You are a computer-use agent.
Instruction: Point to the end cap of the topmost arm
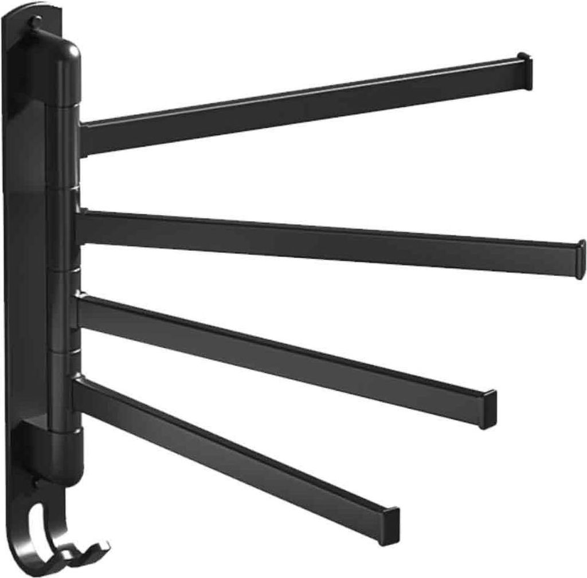click(525, 71)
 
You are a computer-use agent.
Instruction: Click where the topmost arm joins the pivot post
click(83, 137)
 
